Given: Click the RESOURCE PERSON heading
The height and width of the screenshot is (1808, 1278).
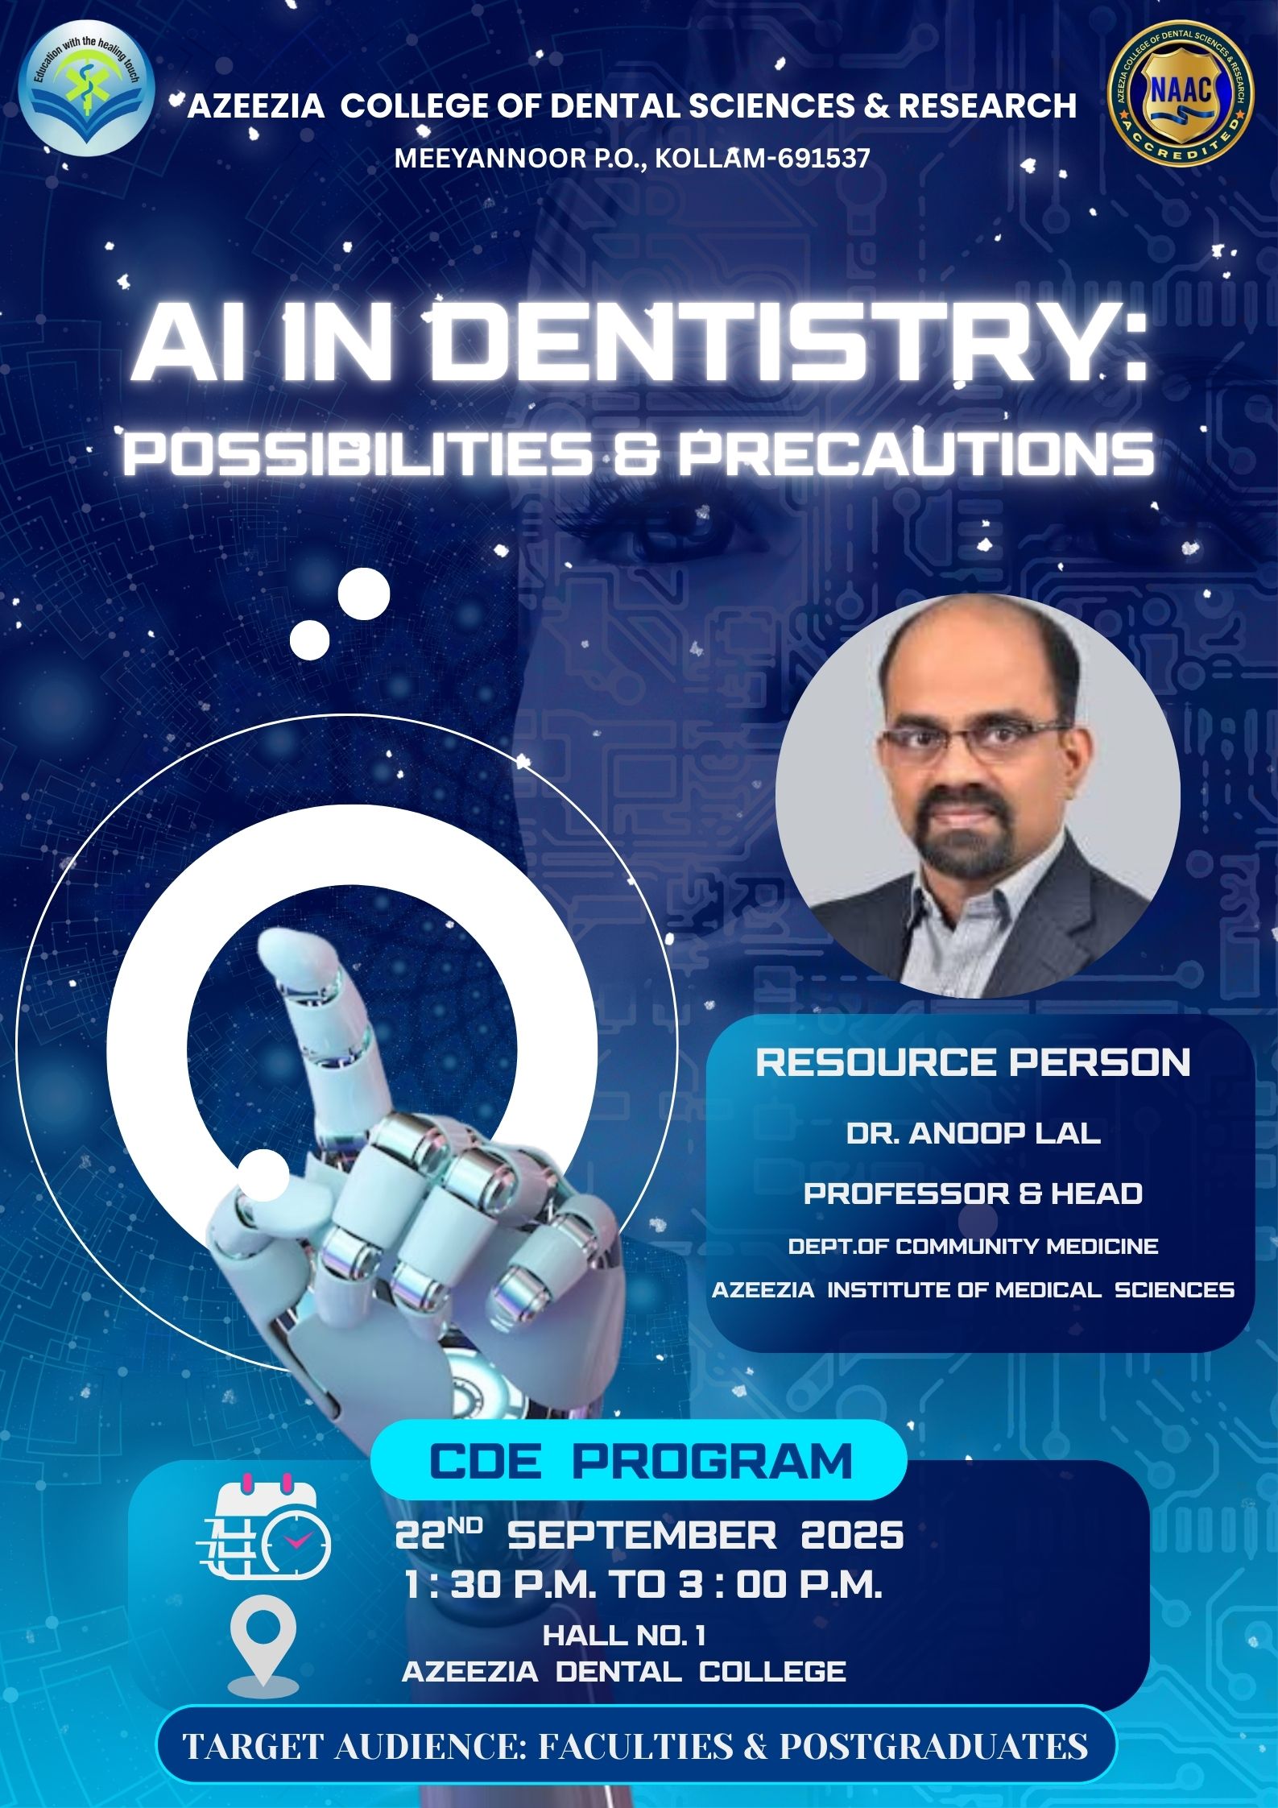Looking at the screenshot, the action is pyautogui.click(x=973, y=1062).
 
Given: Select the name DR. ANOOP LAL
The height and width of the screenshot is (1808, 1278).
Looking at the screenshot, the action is pyautogui.click(x=973, y=1134).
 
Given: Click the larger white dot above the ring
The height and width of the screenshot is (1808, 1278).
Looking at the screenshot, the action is pyautogui.click(x=364, y=594).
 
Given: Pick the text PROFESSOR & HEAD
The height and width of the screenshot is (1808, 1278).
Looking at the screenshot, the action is pyautogui.click(x=973, y=1193).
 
